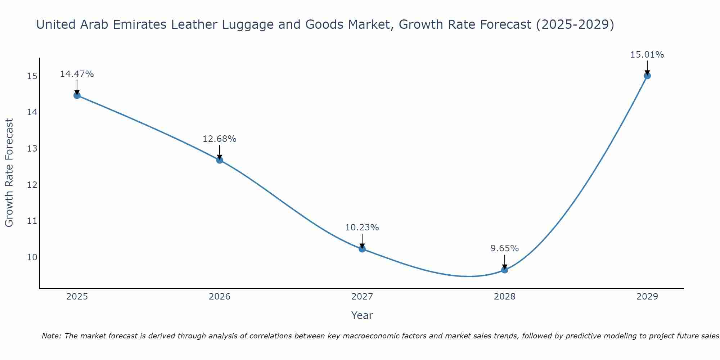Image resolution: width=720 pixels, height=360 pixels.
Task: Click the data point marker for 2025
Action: click(x=77, y=95)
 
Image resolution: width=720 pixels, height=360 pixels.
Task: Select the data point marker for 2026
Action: click(x=220, y=160)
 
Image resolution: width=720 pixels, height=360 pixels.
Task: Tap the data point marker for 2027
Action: click(x=362, y=249)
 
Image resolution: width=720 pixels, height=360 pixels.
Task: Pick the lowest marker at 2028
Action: click(x=505, y=270)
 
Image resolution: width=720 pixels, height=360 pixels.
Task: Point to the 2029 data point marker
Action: click(x=647, y=76)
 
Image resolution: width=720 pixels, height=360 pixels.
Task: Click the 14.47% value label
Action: click(x=77, y=74)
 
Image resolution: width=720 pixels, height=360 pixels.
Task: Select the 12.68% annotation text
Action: click(x=219, y=139)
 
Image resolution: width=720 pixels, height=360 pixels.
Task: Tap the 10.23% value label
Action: click(x=362, y=228)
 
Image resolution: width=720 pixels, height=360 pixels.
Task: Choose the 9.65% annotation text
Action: click(x=504, y=248)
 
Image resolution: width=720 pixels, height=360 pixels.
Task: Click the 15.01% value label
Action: click(x=647, y=55)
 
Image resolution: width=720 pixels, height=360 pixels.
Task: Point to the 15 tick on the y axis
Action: click(x=32, y=76)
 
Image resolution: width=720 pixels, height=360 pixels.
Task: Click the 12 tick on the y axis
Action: click(x=32, y=185)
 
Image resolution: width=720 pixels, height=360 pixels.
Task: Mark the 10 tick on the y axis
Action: click(x=32, y=257)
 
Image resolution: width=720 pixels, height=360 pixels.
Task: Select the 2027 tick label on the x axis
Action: click(x=362, y=297)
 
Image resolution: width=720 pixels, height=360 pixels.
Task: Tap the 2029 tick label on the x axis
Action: click(x=647, y=297)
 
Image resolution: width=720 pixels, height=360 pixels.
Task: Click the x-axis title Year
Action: click(x=362, y=315)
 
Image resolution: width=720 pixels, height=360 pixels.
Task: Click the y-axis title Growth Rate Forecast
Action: click(x=9, y=173)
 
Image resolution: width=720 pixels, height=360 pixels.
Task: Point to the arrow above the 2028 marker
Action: click(x=505, y=262)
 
